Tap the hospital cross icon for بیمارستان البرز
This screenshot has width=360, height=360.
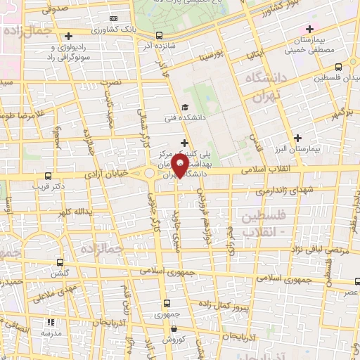click(x=299, y=138)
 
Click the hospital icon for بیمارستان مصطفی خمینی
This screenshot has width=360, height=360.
click(x=309, y=29)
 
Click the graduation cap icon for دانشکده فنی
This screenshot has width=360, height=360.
click(x=184, y=108)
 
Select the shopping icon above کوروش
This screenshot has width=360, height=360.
click(x=173, y=328)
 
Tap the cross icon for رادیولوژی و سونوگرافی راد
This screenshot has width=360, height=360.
click(x=68, y=36)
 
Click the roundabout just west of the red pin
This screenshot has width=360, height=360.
click(x=150, y=173)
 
